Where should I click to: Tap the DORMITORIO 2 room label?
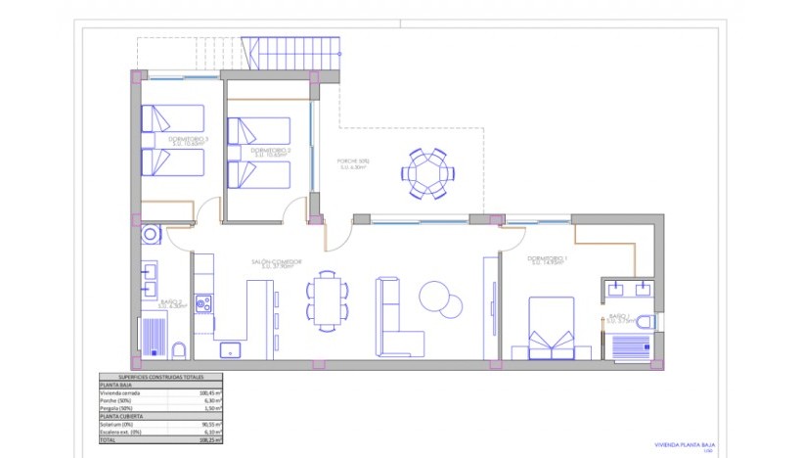[259, 151]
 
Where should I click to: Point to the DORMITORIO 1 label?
[548, 259]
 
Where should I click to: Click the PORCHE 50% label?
[355, 162]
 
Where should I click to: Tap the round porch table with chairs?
[427, 173]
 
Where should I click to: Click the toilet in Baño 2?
[180, 350]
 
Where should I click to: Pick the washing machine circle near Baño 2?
[150, 235]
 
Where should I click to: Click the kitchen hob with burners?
[203, 304]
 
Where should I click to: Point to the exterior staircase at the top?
[292, 53]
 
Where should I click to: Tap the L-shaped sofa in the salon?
[396, 318]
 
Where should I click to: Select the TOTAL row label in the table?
[110, 441]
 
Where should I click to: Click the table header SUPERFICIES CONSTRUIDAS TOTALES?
[159, 376]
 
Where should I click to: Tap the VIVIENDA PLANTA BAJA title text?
[685, 443]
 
